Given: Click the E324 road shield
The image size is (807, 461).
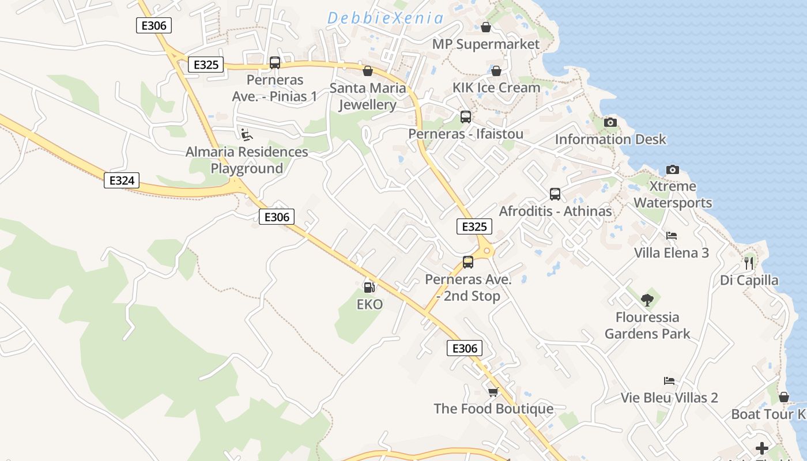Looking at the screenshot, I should point(122,180).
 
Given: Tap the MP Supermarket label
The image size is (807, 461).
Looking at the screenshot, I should point(486,44).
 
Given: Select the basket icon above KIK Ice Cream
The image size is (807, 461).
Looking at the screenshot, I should point(496,71).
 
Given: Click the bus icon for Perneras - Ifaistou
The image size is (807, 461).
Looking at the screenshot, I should point(466,117).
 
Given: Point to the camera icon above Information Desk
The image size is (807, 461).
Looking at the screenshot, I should point(610,122).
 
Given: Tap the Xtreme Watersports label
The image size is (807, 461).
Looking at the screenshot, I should point(673,195).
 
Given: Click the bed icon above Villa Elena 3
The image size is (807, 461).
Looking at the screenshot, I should point(672,236).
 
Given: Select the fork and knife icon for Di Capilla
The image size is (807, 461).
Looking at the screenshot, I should point(749,263).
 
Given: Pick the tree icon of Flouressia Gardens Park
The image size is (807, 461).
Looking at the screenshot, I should point(647,300).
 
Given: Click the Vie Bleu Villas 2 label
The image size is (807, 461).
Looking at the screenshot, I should point(669,398).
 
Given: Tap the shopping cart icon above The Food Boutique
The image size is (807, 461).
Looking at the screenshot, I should point(493,392).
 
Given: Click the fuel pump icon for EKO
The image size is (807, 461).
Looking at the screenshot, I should point(369,286).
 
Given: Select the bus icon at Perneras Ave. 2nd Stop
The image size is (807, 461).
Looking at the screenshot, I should point(468,262).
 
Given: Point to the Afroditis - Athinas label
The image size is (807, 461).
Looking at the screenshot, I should point(555,211).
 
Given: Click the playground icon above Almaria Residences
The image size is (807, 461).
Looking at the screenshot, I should point(246,135).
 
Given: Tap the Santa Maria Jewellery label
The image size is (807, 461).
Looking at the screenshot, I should point(368,97).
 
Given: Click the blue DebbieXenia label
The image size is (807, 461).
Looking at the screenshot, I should point(386,18).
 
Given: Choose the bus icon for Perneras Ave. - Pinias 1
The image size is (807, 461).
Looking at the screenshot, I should point(275,63).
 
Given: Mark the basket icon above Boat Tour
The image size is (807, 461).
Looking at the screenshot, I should point(784,397).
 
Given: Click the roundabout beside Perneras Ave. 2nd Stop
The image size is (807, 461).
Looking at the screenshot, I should point(488,251).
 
